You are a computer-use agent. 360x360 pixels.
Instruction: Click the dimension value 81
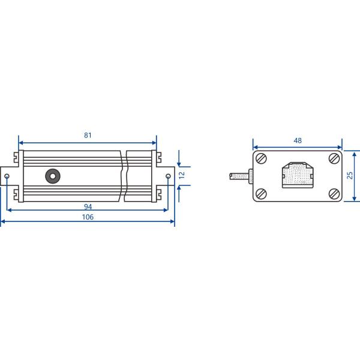[88, 135]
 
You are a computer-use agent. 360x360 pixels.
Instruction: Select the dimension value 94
[88, 206]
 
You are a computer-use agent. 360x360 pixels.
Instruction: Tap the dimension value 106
[88, 217]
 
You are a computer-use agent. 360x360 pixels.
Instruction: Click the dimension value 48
[298, 140]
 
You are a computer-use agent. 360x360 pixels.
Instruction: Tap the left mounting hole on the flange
[7, 176]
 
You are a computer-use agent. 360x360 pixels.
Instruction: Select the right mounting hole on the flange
[168, 176]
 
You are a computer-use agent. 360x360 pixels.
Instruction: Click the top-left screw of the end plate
[262, 159]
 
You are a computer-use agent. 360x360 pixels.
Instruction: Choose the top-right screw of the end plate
[334, 159]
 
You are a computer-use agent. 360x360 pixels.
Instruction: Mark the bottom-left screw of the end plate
[262, 193]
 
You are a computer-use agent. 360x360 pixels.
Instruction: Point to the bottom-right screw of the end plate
[334, 193]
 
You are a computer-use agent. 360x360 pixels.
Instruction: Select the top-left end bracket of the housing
[17, 158]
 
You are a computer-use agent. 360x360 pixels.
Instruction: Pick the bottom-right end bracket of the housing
[158, 194]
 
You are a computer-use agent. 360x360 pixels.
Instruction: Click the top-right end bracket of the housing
[158, 158]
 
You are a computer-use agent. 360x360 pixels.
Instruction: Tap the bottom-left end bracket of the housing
[17, 194]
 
